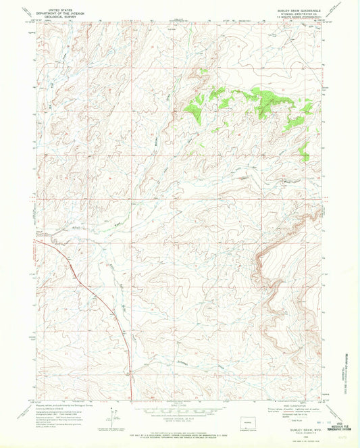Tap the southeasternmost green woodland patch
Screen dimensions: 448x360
click(x=304, y=155)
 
